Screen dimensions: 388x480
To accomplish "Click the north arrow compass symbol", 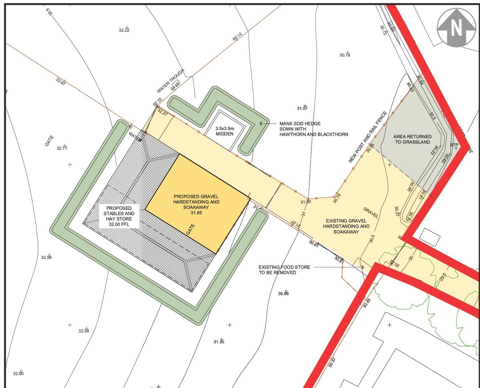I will (x=456, y=27).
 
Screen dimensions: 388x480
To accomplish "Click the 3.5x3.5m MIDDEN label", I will (x=225, y=131).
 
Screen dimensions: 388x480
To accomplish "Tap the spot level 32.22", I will (x=124, y=30).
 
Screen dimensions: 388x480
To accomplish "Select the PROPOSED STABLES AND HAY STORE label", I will (x=119, y=216).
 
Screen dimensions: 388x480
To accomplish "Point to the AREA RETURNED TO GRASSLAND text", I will (x=412, y=139).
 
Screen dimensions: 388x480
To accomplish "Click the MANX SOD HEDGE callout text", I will (x=314, y=129).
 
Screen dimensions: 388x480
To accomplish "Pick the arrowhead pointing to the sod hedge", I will (x=261, y=123).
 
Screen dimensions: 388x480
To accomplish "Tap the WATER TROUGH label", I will (x=171, y=81).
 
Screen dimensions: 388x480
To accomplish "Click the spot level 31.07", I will (x=302, y=108).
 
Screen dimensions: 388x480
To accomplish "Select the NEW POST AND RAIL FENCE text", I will (x=368, y=137).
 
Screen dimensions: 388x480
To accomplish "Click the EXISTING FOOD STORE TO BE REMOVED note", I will (x=284, y=270).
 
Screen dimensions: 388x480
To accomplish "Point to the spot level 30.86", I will (x=283, y=294).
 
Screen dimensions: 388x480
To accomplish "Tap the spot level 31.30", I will (x=219, y=342).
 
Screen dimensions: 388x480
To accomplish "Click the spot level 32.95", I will (x=47, y=257).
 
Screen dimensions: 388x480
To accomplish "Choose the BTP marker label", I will (x=454, y=145).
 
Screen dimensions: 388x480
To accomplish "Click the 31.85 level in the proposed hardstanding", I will (x=196, y=213).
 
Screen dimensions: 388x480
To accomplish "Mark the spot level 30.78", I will (x=345, y=55).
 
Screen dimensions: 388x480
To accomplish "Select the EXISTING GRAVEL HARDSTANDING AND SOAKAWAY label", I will (x=346, y=226).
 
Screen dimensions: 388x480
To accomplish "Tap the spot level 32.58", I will (x=84, y=331).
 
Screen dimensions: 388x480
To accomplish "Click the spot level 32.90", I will (x=18, y=374).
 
